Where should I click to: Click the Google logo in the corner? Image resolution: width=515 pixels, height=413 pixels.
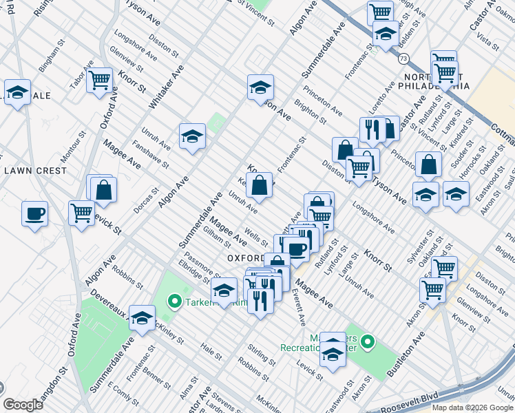[23, 404]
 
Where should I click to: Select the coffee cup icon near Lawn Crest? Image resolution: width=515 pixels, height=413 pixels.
[34, 213]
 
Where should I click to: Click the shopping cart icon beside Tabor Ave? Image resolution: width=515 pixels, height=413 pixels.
[100, 79]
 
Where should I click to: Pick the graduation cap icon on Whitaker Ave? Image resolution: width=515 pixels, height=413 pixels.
[192, 136]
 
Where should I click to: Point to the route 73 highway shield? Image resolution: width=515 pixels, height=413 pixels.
[401, 59]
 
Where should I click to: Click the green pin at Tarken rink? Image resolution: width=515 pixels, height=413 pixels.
[174, 301]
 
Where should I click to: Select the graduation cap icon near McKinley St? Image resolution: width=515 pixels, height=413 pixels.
[142, 317]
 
